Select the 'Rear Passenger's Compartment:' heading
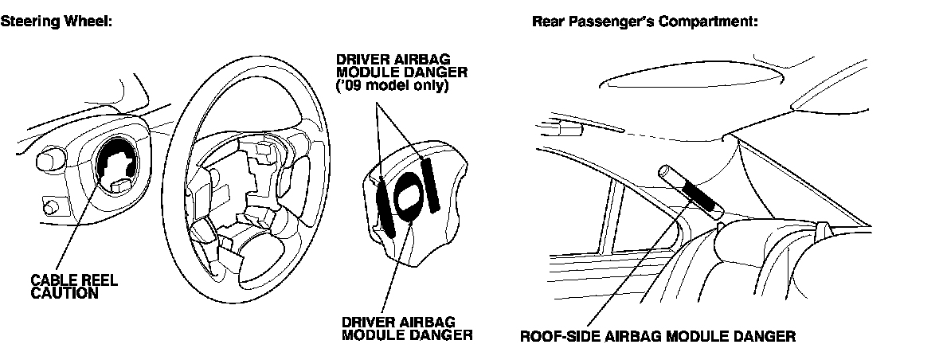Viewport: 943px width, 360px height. [x=644, y=22]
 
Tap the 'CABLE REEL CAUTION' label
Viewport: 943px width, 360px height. [x=64, y=287]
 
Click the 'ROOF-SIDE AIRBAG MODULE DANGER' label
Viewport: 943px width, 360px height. [x=657, y=336]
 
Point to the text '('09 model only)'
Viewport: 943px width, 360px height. [x=392, y=86]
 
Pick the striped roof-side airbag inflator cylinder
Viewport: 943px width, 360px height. [x=692, y=191]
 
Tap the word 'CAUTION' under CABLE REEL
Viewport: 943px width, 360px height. [x=64, y=293]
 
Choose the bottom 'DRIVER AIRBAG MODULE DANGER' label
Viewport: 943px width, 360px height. [x=406, y=328]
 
